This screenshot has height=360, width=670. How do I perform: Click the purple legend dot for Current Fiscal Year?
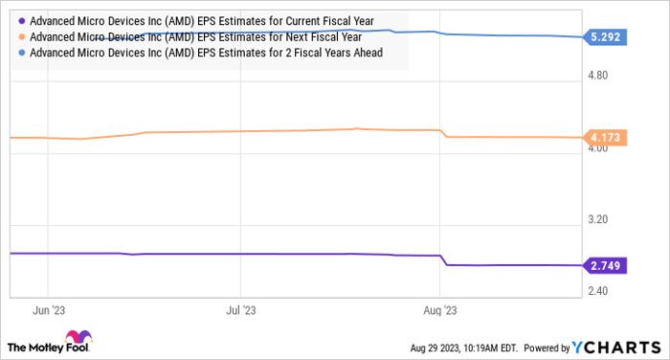point(21,20)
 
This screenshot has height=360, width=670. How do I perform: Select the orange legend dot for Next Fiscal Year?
point(21,36)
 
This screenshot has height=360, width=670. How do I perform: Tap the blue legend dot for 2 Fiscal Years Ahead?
point(21,53)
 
